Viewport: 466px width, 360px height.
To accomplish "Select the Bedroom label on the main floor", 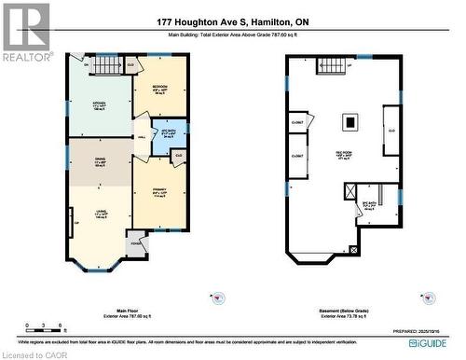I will [x=160, y=89].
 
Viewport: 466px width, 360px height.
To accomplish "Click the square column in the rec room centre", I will [x=350, y=120].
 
